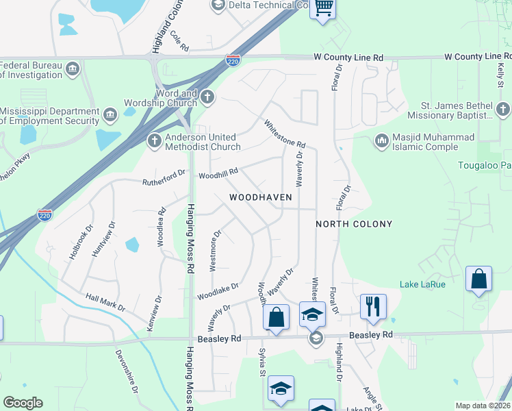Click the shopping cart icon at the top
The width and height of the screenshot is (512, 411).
click(x=323, y=9)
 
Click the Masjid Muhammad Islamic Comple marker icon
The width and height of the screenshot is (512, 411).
click(x=381, y=140)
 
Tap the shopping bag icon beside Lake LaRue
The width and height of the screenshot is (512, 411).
click(x=478, y=279)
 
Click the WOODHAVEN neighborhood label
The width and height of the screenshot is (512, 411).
click(x=260, y=197)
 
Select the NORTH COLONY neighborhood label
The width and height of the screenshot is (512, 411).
click(x=354, y=224)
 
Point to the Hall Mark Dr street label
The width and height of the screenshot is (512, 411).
click(x=105, y=302)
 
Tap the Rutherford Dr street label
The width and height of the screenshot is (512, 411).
click(x=164, y=178)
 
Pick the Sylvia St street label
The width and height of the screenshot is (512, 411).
click(x=261, y=362)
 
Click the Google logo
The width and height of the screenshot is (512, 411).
click(x=23, y=403)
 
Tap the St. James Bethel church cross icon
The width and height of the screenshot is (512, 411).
click(x=503, y=109)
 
